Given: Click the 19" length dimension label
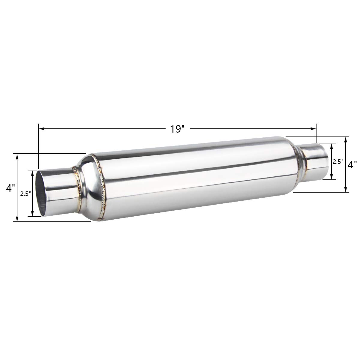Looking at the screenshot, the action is [177, 129].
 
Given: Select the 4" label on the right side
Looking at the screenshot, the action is [352, 165].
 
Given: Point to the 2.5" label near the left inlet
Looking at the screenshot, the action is [25, 194].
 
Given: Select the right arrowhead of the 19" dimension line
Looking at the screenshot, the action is [313, 128].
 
